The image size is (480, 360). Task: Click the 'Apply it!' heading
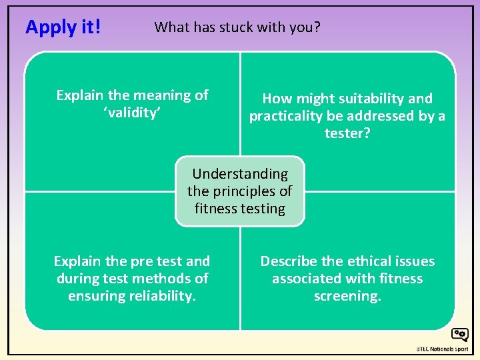coord(63,27)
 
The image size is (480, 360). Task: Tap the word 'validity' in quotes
coord(132,113)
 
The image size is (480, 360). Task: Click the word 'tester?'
coord(347,133)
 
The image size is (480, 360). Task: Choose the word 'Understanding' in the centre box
coord(240,174)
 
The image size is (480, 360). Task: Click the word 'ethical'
coord(367,261)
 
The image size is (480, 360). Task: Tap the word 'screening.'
coord(347,295)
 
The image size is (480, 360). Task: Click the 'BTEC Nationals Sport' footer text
coord(442,349)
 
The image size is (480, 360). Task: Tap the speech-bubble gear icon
coord(459,335)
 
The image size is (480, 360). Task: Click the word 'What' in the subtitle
coord(169,27)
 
